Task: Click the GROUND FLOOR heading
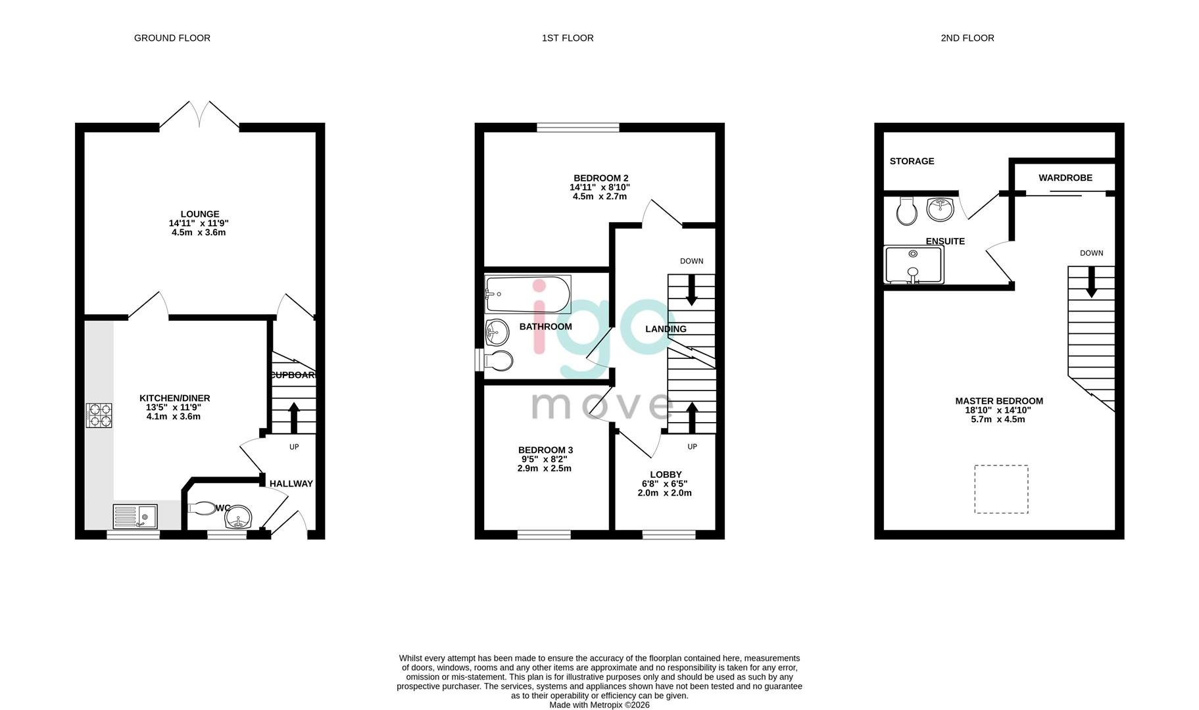[x=172, y=38]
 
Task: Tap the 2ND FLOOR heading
[x=967, y=38]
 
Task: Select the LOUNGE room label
[x=200, y=214]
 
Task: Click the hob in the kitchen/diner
[x=99, y=415]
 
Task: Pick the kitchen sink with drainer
[x=135, y=517]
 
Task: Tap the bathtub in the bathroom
[x=527, y=295]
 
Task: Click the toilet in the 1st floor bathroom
[x=498, y=360]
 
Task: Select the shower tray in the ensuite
[x=914, y=265]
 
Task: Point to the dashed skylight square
[x=1000, y=489]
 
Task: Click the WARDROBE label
[x=1065, y=177]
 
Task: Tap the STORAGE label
[x=912, y=161]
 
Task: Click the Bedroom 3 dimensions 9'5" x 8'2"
[x=545, y=460]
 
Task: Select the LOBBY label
[x=666, y=475]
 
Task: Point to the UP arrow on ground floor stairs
[x=294, y=417]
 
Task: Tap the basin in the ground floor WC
[x=237, y=518]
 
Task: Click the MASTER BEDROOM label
[x=998, y=401]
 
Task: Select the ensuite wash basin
[x=941, y=210]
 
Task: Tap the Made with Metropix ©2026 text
[x=599, y=705]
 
